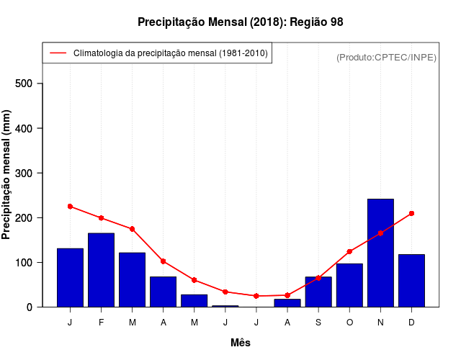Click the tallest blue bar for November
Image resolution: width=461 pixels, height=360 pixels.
380,253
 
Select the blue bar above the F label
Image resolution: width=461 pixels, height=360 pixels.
102,270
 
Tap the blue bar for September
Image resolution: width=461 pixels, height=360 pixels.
318,292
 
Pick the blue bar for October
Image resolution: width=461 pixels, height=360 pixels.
349,285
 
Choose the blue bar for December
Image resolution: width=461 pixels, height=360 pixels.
411,281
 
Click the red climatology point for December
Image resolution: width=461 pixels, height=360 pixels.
411,213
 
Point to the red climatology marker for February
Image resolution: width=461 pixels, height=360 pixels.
102,217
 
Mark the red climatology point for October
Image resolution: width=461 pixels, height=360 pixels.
349,251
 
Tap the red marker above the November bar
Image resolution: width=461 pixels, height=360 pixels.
380,233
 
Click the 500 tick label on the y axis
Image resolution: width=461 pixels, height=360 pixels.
25,84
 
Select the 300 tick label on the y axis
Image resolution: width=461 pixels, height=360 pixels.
25,173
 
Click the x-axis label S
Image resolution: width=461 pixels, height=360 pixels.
318,323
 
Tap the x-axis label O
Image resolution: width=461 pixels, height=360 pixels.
349,323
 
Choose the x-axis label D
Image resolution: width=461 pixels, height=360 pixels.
411,323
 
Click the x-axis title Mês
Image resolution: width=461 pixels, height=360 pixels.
241,343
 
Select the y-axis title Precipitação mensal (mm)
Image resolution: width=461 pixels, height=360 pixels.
7,175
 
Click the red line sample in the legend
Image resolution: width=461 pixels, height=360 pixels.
58,53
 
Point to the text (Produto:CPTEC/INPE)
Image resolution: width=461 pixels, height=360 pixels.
386,57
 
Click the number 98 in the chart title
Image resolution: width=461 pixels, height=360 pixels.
336,22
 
